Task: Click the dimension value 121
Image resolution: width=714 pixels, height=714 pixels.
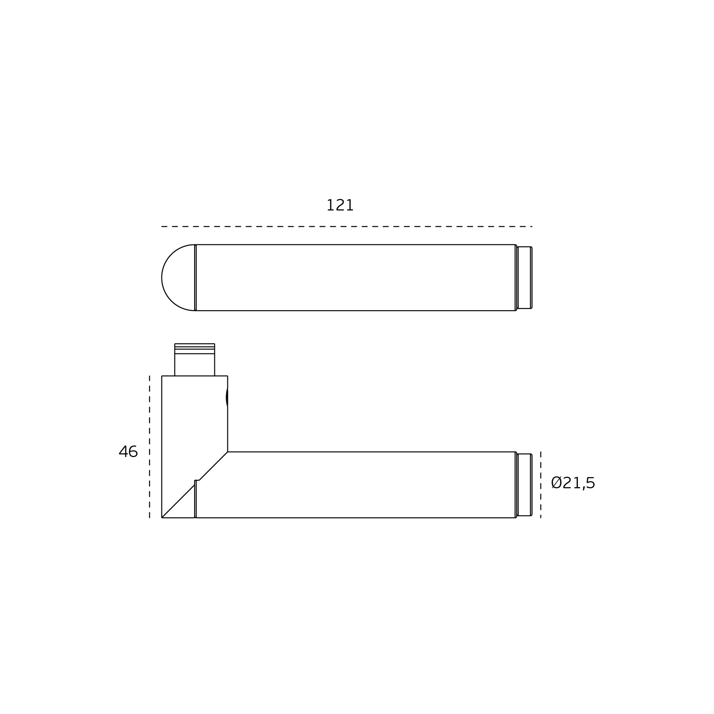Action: click(340, 205)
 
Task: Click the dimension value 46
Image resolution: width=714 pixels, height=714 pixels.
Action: click(128, 451)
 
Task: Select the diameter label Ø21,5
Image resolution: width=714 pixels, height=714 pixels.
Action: click(573, 483)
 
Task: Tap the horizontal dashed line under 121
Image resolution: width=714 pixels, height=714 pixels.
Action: click(347, 226)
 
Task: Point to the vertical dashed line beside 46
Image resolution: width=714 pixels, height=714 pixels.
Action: click(149, 447)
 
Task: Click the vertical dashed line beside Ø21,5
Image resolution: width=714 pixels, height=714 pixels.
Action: click(541, 485)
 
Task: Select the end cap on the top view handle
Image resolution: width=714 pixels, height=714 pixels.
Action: click(524, 277)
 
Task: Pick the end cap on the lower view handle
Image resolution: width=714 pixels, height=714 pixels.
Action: click(524, 485)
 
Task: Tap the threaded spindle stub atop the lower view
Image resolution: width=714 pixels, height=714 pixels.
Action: click(194, 360)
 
